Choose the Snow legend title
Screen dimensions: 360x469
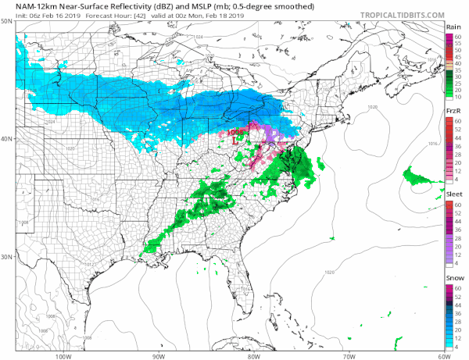click(452, 278)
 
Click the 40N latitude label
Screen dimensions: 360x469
click(7, 138)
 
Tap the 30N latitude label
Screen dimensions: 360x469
click(7, 256)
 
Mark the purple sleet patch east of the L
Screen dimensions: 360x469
click(270, 137)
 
